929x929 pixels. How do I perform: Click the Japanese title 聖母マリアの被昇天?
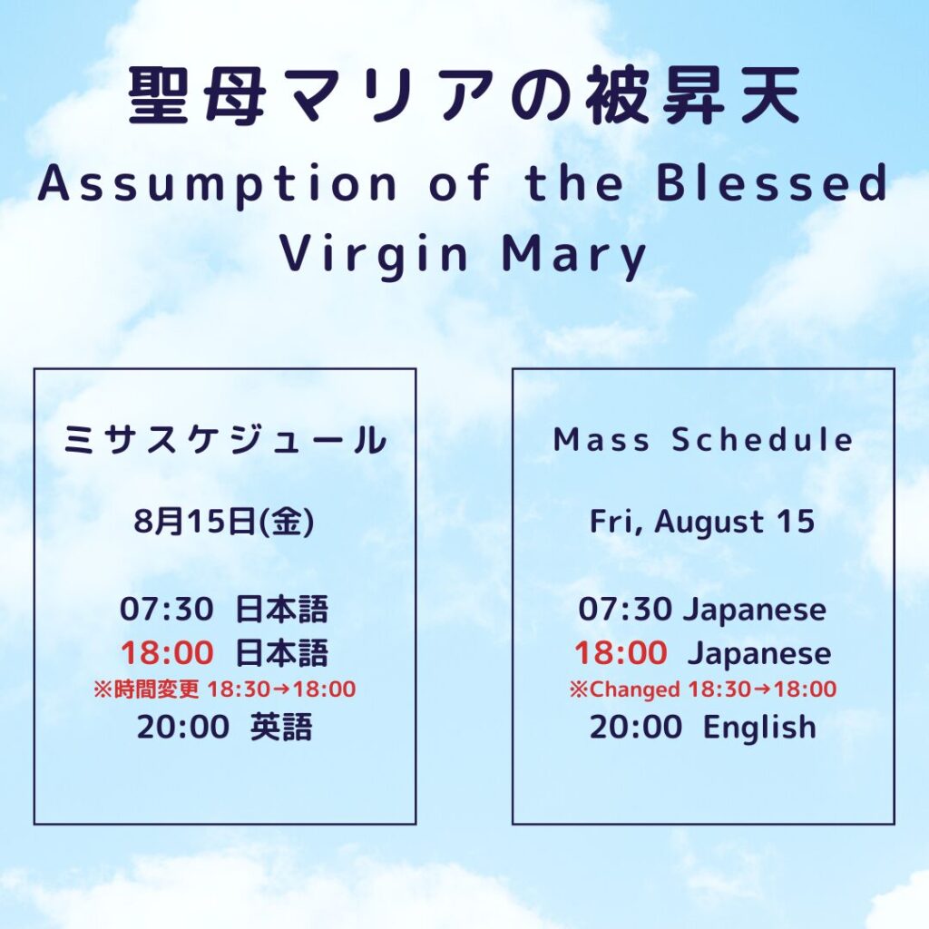pyautogui.click(x=464, y=96)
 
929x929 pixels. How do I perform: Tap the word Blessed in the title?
pyautogui.click(x=772, y=182)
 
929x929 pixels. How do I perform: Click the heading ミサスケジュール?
pyautogui.click(x=225, y=440)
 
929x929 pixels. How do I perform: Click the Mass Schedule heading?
pyautogui.click(x=703, y=440)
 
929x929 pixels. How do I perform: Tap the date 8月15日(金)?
pyautogui.click(x=224, y=522)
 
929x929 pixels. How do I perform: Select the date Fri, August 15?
pyautogui.click(x=702, y=523)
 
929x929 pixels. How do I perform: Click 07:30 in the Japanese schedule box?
pyautogui.click(x=167, y=609)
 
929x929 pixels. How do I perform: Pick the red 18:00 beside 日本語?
pyautogui.click(x=167, y=653)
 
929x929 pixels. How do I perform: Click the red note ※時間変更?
pyautogui.click(x=146, y=689)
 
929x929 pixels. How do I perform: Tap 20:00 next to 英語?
pyautogui.click(x=183, y=727)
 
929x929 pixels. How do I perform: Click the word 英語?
pyautogui.click(x=281, y=727)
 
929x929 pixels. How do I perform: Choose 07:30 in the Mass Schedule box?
pyautogui.click(x=625, y=609)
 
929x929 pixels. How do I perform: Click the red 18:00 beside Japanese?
pyautogui.click(x=621, y=653)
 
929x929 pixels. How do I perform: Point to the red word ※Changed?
pyautogui.click(x=624, y=689)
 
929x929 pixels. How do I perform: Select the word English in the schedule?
pyautogui.click(x=759, y=727)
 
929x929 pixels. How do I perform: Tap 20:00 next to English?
pyautogui.click(x=636, y=727)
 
